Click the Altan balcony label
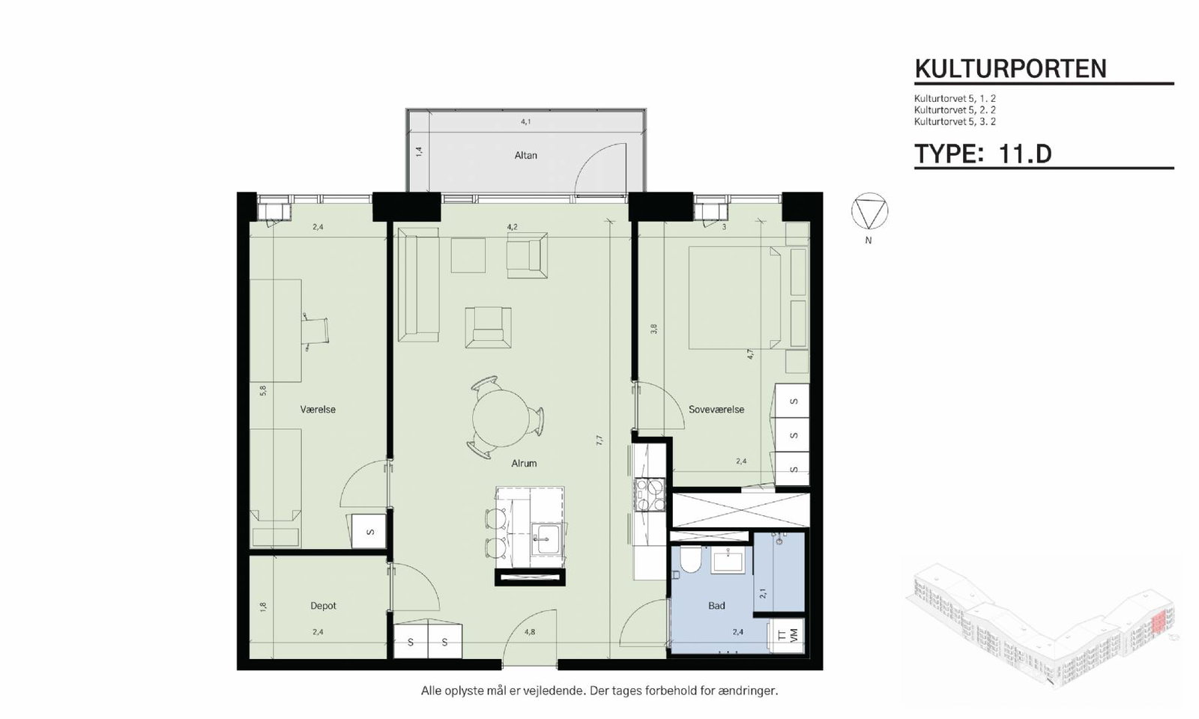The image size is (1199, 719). tap(525, 156)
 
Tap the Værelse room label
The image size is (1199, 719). tap(318, 410)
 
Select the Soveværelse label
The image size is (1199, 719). tap(716, 410)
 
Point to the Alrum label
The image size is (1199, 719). tap(524, 464)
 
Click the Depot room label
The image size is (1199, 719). tap(323, 606)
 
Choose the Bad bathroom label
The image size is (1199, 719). tap(716, 606)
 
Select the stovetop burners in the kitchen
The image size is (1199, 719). tap(649, 495)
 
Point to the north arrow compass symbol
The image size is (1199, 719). tap(869, 211)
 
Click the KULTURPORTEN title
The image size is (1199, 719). tap(1010, 68)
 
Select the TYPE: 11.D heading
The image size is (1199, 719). tap(982, 154)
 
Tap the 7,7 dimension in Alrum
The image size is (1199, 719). tap(599, 440)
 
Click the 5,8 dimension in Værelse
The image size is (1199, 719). tap(263, 390)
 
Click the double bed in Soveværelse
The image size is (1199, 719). tap(734, 297)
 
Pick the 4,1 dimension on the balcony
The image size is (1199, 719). tap(525, 122)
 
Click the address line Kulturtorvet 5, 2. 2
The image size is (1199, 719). tap(955, 110)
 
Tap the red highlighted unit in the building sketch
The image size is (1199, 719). tap(1159, 624)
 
